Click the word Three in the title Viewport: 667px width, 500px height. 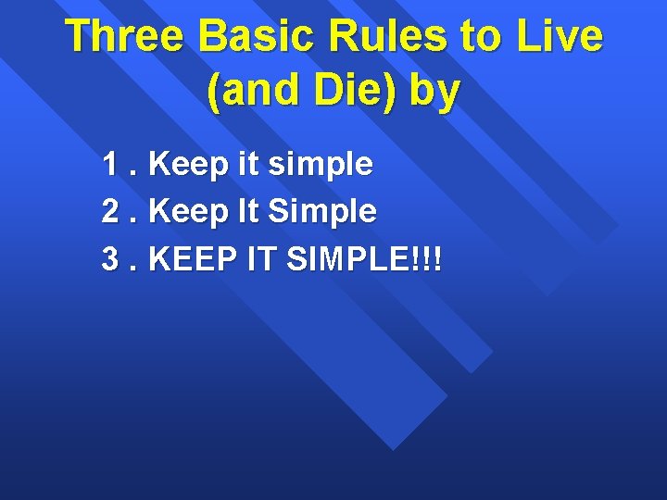(x=126, y=37)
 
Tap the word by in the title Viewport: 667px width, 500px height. (x=434, y=93)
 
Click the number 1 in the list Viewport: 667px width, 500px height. (x=111, y=165)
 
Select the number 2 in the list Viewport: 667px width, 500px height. (x=111, y=212)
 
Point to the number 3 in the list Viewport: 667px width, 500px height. (x=111, y=259)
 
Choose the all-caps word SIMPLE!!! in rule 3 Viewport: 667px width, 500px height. (x=365, y=259)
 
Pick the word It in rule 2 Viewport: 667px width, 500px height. (x=247, y=212)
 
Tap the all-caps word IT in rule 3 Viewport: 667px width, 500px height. (x=263, y=259)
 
